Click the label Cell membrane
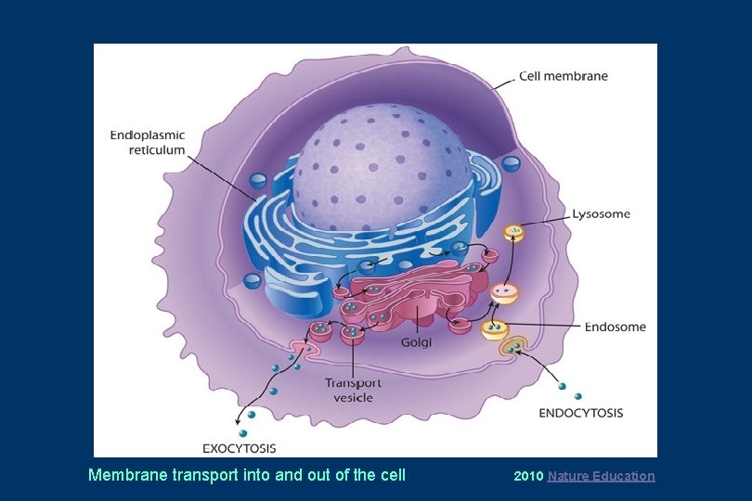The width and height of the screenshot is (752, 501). (x=563, y=76)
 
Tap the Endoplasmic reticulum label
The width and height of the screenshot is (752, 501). (x=148, y=143)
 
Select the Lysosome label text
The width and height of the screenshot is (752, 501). (x=601, y=214)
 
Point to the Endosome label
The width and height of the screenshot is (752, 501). (x=615, y=327)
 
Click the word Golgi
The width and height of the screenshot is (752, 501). (x=416, y=342)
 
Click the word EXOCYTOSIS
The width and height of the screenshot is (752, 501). (x=240, y=449)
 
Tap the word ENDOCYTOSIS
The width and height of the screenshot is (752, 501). (x=581, y=413)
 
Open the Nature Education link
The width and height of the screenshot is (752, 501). (x=601, y=476)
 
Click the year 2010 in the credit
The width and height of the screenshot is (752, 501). (x=528, y=476)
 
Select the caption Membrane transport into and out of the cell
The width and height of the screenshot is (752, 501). (x=247, y=475)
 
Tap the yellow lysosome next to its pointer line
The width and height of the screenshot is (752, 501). (x=513, y=233)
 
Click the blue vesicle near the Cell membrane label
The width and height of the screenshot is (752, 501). (x=511, y=164)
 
